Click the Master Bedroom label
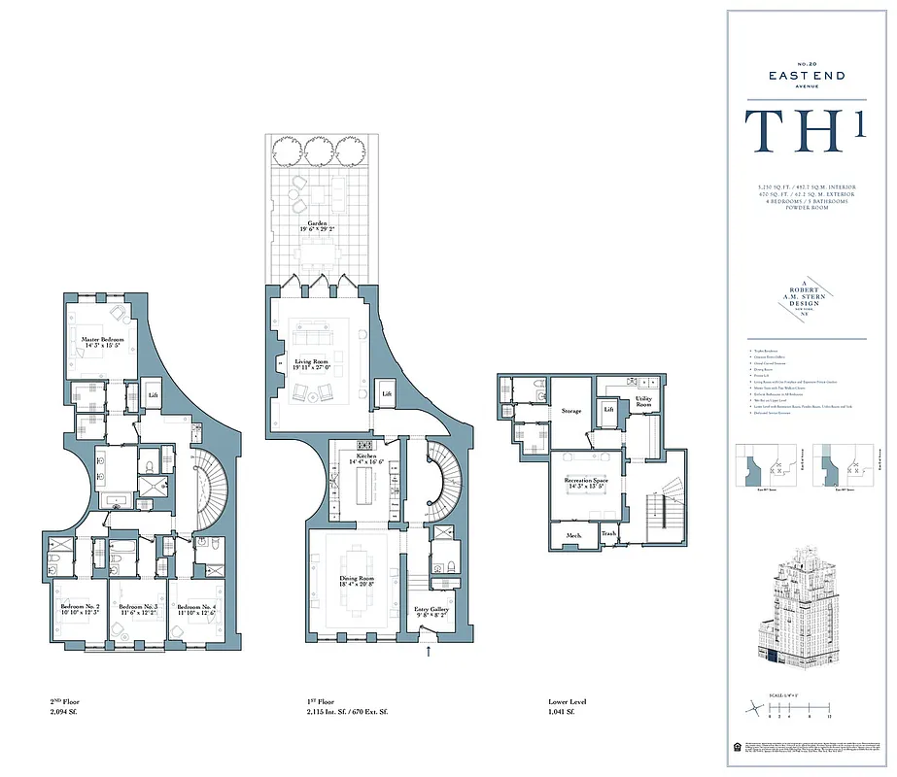pyautogui.click(x=101, y=342)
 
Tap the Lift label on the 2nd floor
pyautogui.click(x=154, y=395)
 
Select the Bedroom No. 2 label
pyautogui.click(x=76, y=610)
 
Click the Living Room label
pyautogui.click(x=313, y=364)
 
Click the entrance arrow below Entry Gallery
pyautogui.click(x=429, y=654)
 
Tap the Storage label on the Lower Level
pyautogui.click(x=571, y=411)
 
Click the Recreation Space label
pyautogui.click(x=586, y=484)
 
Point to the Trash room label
pyautogui.click(x=608, y=534)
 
